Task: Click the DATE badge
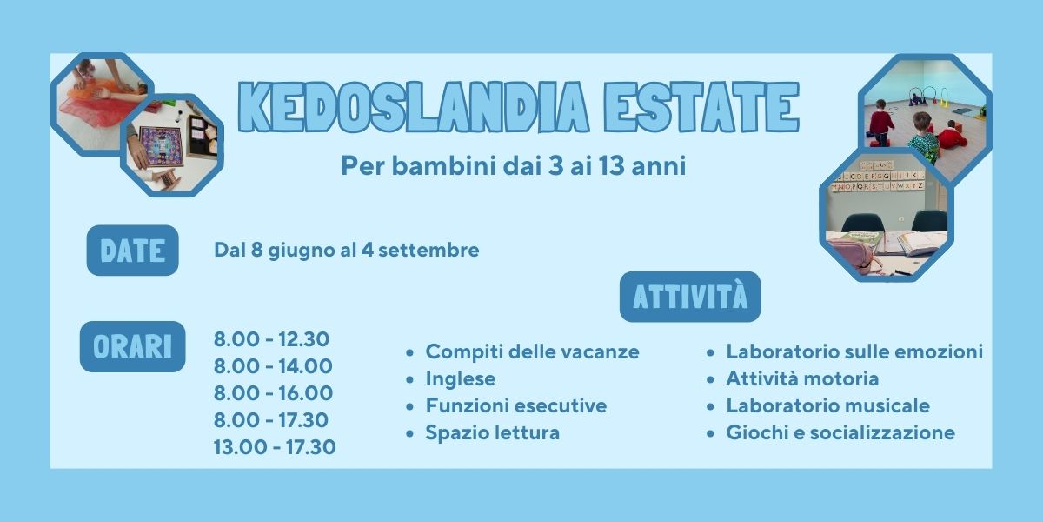[133, 251]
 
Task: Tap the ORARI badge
[133, 346]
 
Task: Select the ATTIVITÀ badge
[690, 297]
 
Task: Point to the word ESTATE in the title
[701, 107]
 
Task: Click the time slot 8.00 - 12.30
[271, 338]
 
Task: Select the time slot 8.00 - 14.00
[273, 366]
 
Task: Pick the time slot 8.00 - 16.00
[273, 393]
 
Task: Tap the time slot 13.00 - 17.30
[275, 447]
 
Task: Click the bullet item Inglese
[460, 379]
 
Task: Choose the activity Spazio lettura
[492, 432]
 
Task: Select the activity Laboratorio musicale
[827, 405]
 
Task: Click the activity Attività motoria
[802, 378]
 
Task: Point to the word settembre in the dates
[428, 251]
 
